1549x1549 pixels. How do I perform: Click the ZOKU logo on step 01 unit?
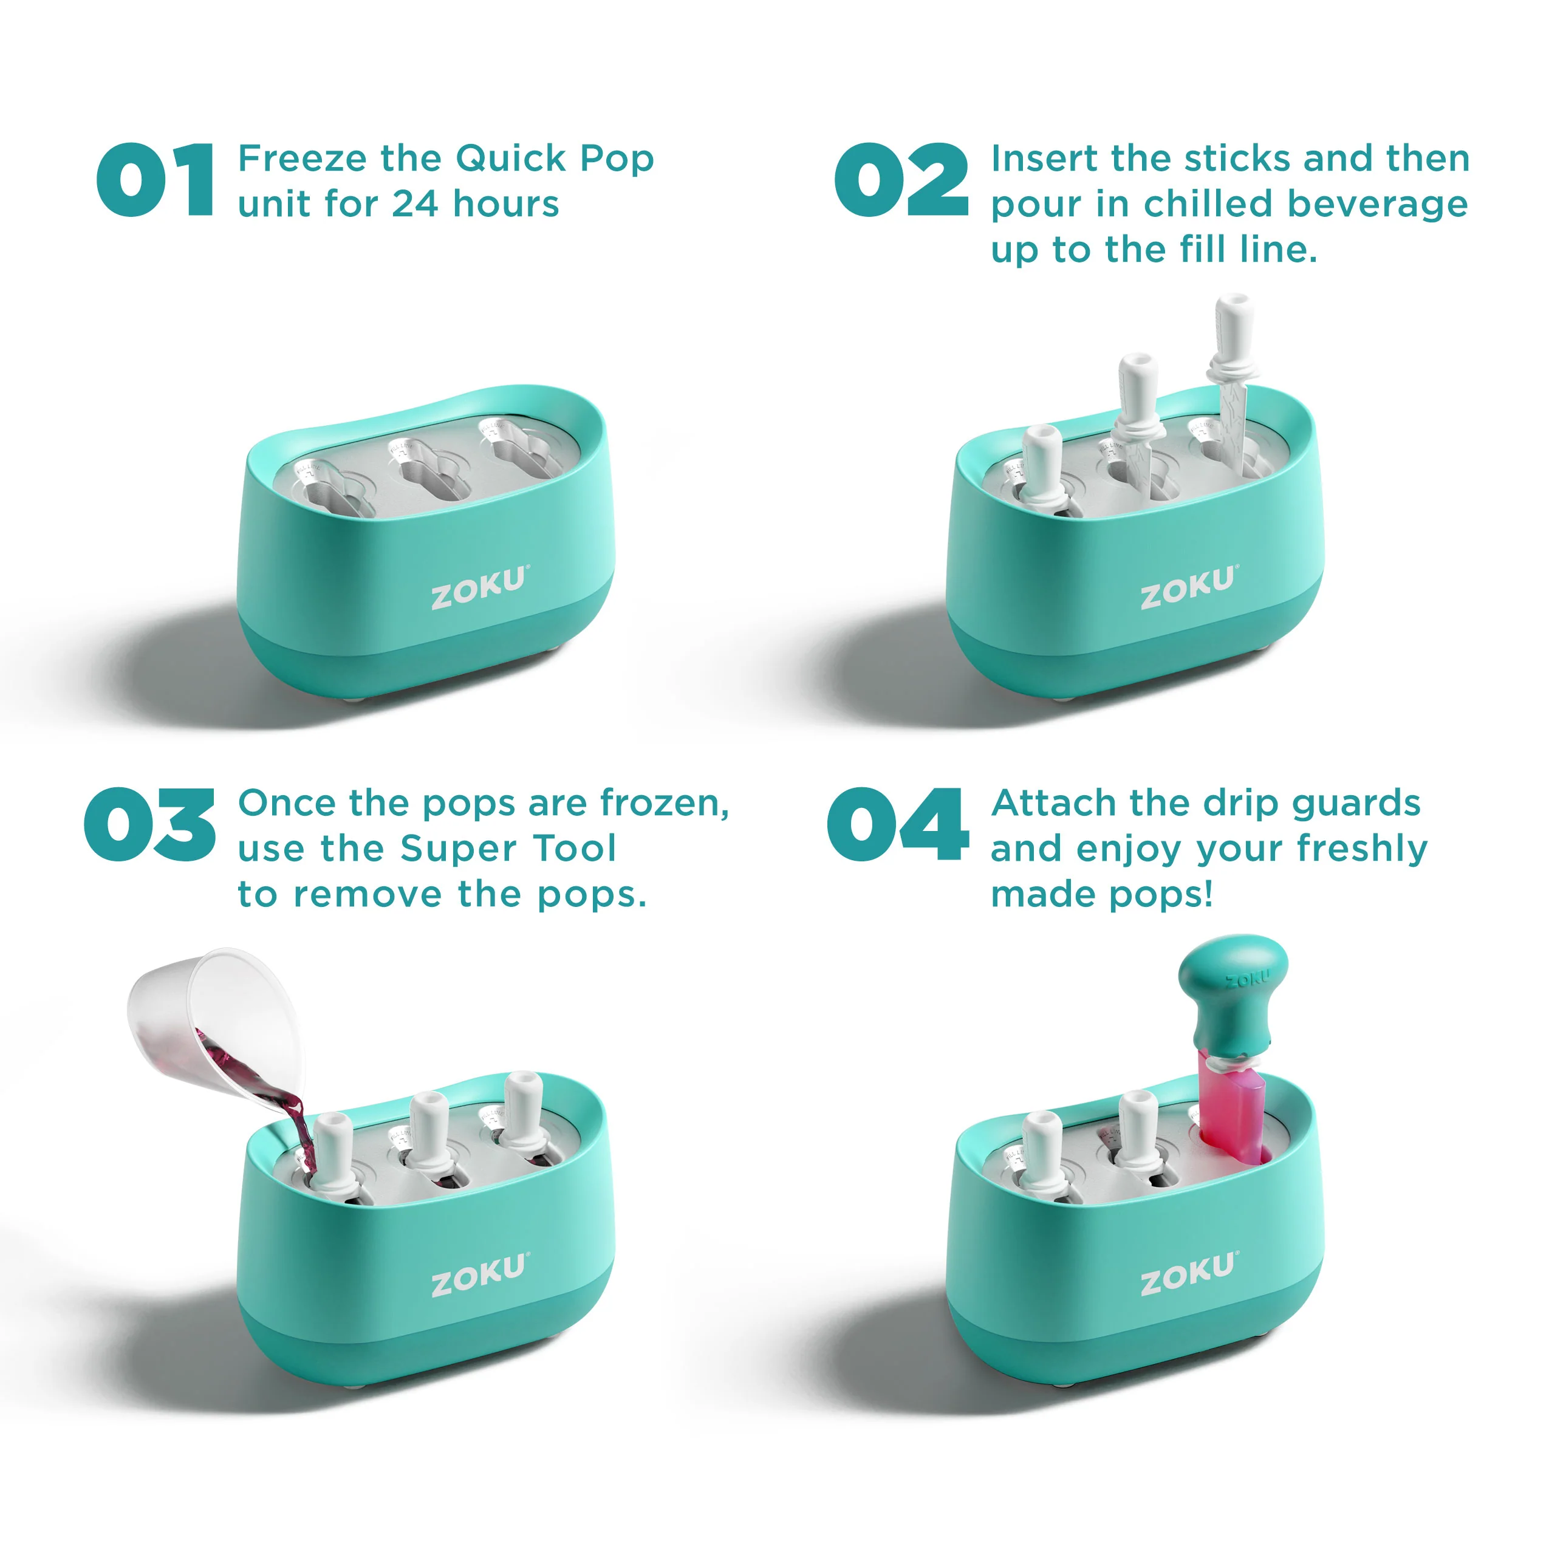[479, 587]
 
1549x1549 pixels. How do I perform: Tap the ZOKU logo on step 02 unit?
[1188, 587]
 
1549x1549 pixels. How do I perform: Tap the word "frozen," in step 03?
[664, 804]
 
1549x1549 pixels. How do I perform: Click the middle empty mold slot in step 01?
[431, 471]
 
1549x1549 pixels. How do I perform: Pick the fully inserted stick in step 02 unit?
[1042, 469]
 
